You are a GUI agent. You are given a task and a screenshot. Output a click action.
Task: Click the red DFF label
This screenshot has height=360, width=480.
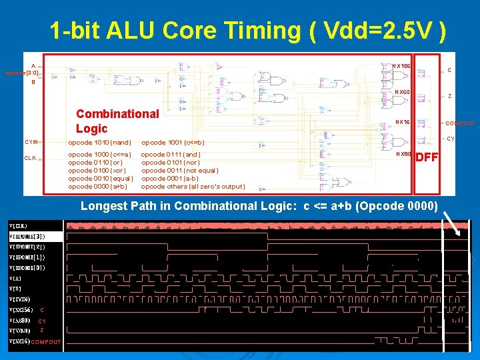pyautogui.click(x=426, y=157)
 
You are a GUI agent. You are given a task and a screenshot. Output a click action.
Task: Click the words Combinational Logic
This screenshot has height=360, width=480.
pyautogui.click(x=117, y=121)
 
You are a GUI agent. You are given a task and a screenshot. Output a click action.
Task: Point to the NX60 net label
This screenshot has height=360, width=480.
pyautogui.click(x=402, y=92)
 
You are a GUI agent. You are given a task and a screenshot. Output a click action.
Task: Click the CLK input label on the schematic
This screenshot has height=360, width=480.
pyautogui.click(x=31, y=158)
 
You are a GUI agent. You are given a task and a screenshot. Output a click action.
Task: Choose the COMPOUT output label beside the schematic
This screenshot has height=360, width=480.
pyautogui.click(x=461, y=123)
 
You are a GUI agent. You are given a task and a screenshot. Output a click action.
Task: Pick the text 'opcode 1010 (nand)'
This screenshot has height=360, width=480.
pyautogui.click(x=99, y=143)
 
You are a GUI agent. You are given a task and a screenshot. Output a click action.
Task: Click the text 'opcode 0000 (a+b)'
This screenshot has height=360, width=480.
pyautogui.click(x=97, y=187)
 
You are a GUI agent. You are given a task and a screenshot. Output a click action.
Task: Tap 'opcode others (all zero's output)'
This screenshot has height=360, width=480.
pyautogui.click(x=193, y=187)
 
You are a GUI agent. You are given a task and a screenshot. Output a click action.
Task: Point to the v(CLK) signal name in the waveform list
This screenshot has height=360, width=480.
pyautogui.click(x=19, y=226)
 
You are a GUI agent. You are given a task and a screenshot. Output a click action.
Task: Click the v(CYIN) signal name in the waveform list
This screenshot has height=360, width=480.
pyautogui.click(x=21, y=299)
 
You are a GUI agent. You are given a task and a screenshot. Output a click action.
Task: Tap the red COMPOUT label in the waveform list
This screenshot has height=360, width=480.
pyautogui.click(x=46, y=342)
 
